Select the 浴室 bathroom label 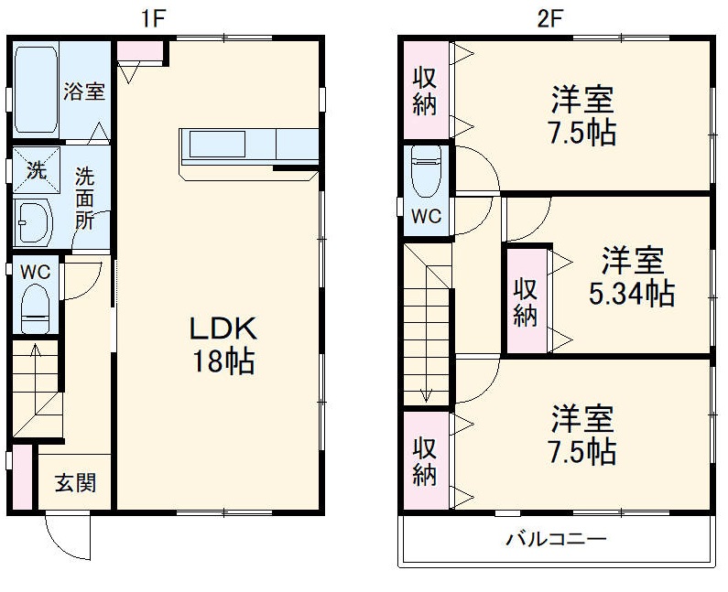click(83, 91)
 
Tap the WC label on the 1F click(34, 272)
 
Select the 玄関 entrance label click(74, 482)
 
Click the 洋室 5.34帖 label click(632, 277)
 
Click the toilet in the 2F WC click(426, 172)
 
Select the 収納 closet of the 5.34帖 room click(525, 301)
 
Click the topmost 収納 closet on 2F click(423, 91)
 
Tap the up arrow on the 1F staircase click(34, 352)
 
